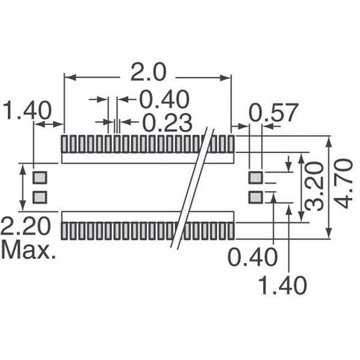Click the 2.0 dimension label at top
pyautogui.click(x=148, y=73)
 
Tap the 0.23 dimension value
pyautogui.click(x=167, y=123)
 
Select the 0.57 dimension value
pyautogui.click(x=274, y=113)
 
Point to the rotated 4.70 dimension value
pyautogui.click(x=343, y=184)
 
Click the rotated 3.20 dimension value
pyautogui.click(x=314, y=186)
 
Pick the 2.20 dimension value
pyautogui.click(x=26, y=226)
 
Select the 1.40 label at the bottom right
pyautogui.click(x=283, y=286)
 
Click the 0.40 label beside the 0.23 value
pyautogui.click(x=164, y=100)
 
